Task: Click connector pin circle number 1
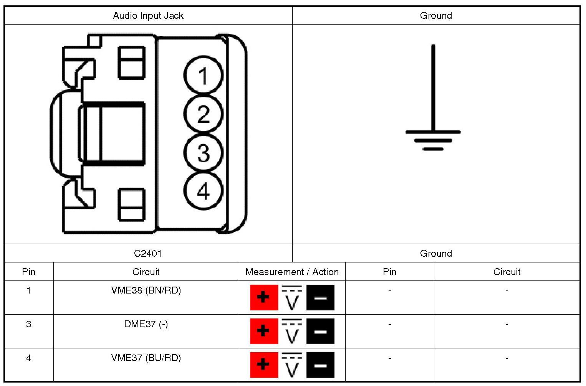coord(203,76)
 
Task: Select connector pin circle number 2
coord(203,114)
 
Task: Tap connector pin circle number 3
coord(203,153)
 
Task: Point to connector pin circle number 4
coord(203,191)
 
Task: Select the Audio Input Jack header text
coord(148,16)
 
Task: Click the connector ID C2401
coord(148,254)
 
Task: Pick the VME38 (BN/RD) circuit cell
coord(146,290)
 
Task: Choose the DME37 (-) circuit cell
coord(146,324)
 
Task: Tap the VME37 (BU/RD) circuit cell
coord(146,358)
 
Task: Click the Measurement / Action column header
coord(292,272)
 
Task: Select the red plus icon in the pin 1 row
coord(263,297)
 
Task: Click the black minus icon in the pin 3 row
coord(320,331)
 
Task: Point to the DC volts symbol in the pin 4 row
coord(292,365)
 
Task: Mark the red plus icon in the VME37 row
coord(263,365)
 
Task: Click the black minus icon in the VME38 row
coord(320,297)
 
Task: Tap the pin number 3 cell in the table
coord(29,324)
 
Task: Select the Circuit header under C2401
coord(146,272)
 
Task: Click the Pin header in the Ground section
coord(389,272)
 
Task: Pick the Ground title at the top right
coord(436,16)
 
